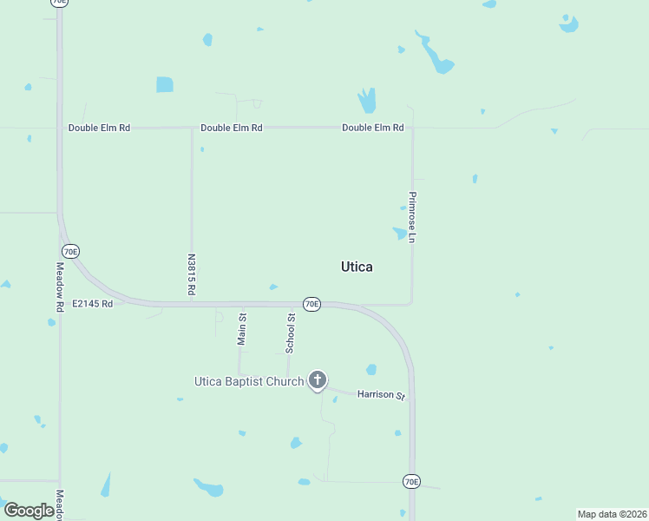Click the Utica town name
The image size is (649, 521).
357,267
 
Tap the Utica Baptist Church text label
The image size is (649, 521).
248,381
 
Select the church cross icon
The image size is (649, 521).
318,379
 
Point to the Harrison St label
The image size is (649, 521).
382,395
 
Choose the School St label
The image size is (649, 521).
291,333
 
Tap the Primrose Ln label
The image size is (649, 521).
413,217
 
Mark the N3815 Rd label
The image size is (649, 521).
191,275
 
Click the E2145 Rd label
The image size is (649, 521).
93,304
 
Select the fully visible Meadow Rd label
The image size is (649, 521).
60,287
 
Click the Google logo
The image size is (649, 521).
29,511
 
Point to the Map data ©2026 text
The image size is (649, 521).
612,514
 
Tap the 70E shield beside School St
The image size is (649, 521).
311,304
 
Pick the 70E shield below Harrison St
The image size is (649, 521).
411,481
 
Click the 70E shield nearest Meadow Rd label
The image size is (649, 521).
71,251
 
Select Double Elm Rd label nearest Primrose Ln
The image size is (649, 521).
373,128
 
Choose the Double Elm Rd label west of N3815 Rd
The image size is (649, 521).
100,128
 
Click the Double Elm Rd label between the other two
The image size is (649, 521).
232,128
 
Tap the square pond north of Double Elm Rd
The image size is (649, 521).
165,84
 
